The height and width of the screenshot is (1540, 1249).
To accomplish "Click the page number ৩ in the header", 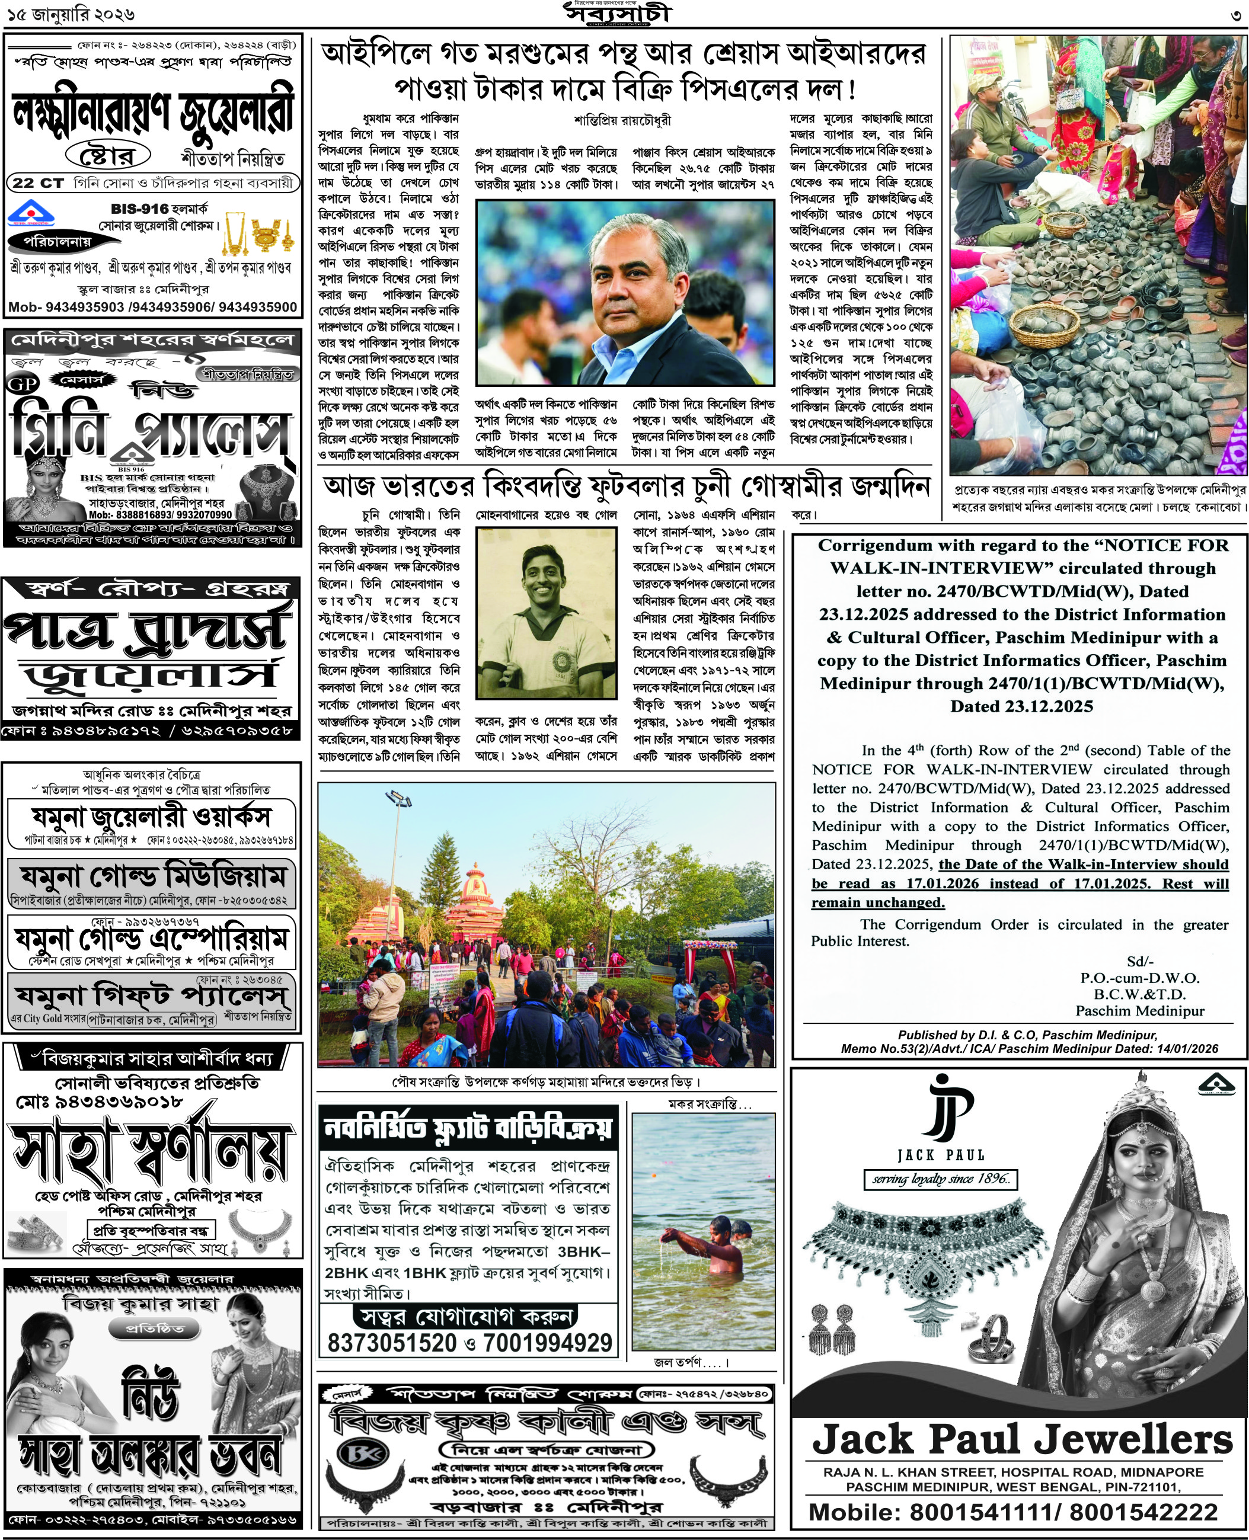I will (1235, 15).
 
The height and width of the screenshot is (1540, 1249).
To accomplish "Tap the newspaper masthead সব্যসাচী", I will (617, 14).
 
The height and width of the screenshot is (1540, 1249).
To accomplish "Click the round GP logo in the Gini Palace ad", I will (23, 385).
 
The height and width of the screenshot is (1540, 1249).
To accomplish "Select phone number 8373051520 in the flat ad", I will (392, 1342).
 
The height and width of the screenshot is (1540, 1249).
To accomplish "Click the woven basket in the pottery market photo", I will (1044, 325).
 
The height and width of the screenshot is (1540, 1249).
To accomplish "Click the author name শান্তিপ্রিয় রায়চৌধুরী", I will (623, 120).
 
